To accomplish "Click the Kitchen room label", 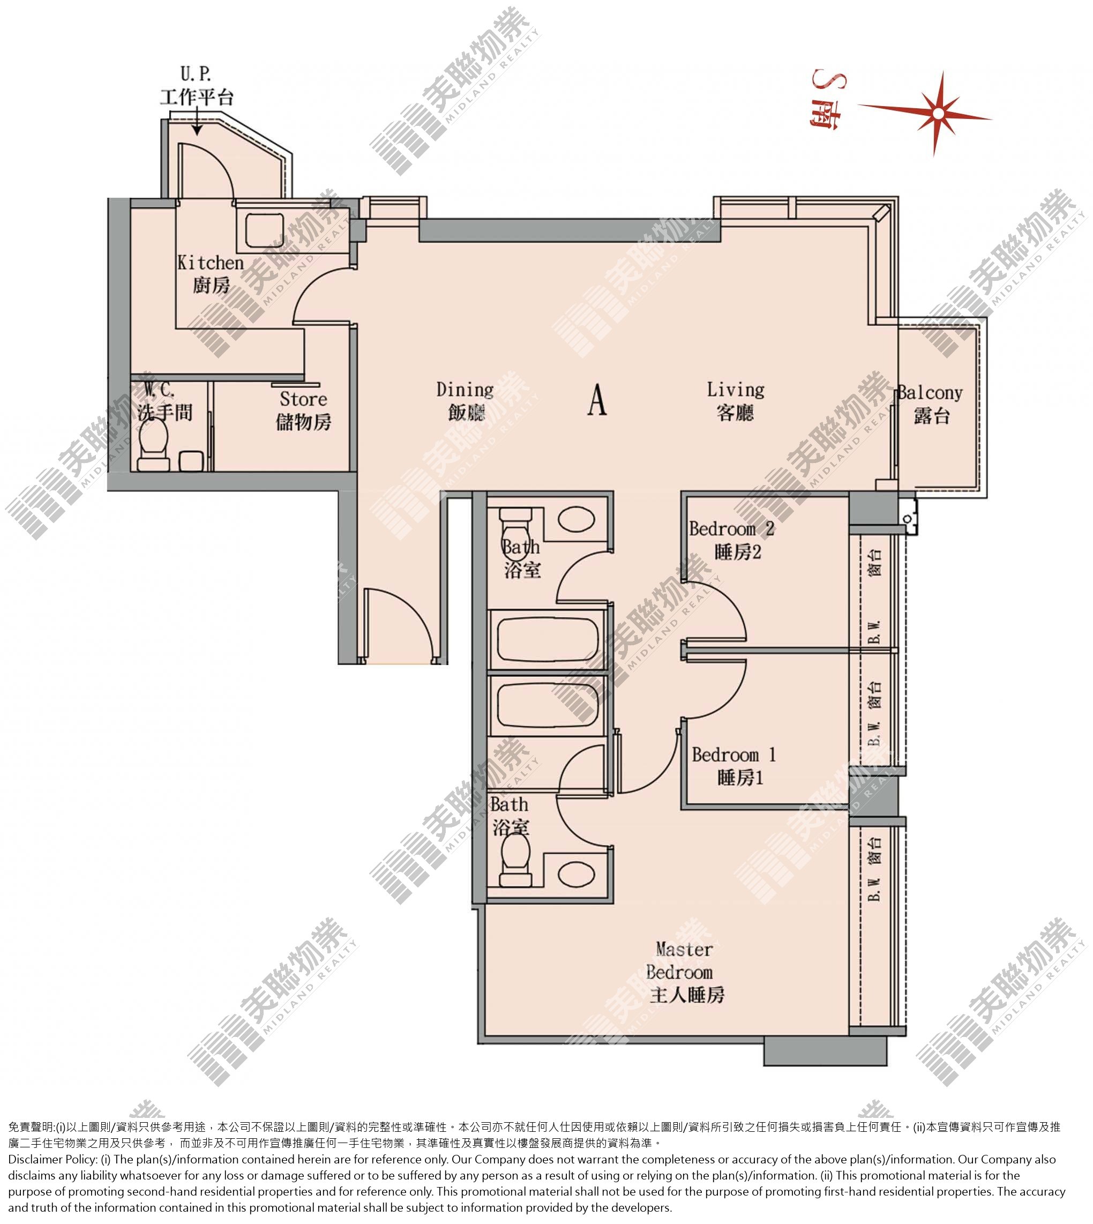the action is (210, 274).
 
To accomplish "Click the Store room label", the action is (303, 411).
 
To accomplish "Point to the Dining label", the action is (465, 401).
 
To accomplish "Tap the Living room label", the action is (736, 401).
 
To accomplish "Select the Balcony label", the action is (930, 404).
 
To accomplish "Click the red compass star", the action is (937, 113).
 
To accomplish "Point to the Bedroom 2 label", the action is (731, 540).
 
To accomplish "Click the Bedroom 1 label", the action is (734, 766).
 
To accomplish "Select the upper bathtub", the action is (547, 640).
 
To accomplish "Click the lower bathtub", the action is (547, 705).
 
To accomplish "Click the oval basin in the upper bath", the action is (576, 519).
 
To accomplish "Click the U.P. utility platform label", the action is (197, 85).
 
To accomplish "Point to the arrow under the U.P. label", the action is (197, 123).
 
